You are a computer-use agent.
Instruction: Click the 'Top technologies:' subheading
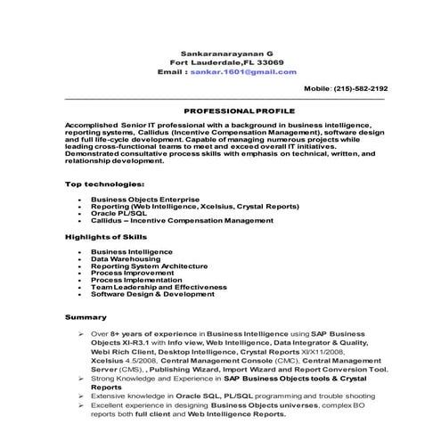click(x=105, y=184)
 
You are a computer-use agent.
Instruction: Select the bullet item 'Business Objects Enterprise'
click(x=145, y=199)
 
